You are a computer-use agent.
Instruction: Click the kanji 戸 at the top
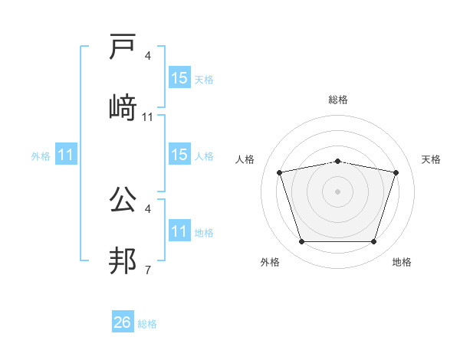click(x=123, y=48)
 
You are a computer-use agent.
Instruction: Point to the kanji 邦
click(x=123, y=260)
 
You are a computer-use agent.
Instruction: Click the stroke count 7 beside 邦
click(x=148, y=270)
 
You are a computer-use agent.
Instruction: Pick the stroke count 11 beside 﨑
click(x=148, y=116)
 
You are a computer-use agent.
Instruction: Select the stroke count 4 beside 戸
click(x=148, y=56)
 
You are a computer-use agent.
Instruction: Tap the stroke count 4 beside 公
click(x=148, y=208)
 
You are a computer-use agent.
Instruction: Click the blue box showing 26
click(x=123, y=322)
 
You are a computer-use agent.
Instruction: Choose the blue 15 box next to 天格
click(x=179, y=78)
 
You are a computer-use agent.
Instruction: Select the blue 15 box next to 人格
click(x=179, y=155)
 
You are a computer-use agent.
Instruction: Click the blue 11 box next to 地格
click(x=179, y=232)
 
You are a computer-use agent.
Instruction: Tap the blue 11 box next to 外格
click(x=66, y=155)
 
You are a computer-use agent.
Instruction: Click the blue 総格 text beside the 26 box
click(x=148, y=324)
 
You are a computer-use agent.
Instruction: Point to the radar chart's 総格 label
click(x=337, y=100)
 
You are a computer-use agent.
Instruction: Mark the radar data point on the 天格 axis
click(x=396, y=173)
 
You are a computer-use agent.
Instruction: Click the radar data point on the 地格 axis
click(x=373, y=242)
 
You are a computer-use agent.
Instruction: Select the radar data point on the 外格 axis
click(x=301, y=242)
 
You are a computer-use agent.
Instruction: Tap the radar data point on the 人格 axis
click(x=280, y=173)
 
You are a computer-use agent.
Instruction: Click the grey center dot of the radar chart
click(x=337, y=191)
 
